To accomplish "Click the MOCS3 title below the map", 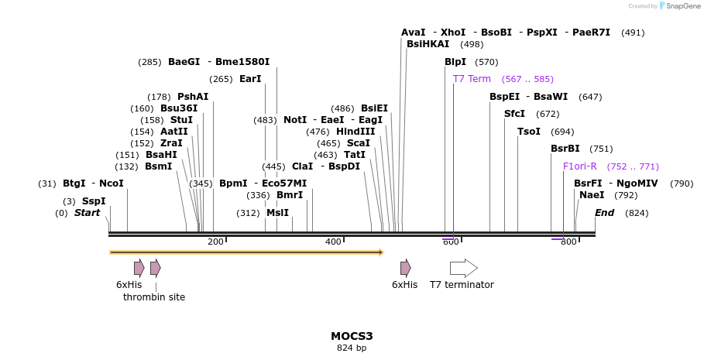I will click(352, 336).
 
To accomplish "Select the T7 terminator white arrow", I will click(464, 268).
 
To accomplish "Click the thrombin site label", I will click(154, 297).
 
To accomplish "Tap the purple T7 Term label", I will click(472, 79).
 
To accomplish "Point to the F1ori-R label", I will click(580, 166).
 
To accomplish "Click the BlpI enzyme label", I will click(455, 62).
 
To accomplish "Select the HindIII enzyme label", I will click(355, 132).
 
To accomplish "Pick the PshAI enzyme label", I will click(193, 97).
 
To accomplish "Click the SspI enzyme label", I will click(94, 201).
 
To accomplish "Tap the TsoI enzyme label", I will click(529, 132).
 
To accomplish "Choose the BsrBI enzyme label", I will click(565, 149).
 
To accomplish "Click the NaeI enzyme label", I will click(592, 195).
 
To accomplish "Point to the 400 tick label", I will click(333, 242).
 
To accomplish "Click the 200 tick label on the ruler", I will click(215, 242).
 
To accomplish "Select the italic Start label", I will click(87, 213).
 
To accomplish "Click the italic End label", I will click(605, 213).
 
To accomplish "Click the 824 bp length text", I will click(352, 348).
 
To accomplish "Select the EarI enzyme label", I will click(250, 79).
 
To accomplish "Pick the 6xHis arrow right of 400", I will click(405, 268).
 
